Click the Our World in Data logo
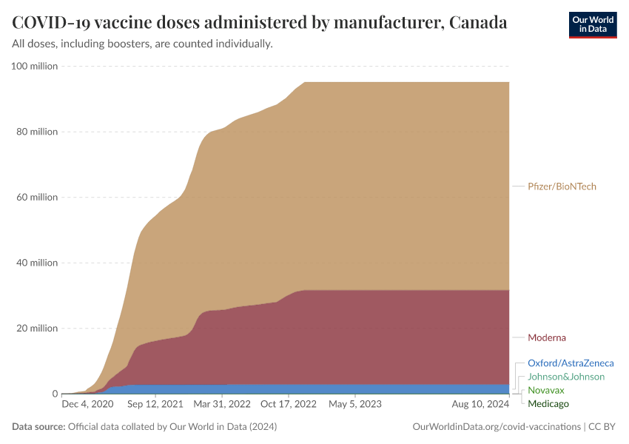pyautogui.click(x=592, y=24)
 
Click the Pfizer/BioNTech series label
pyautogui.click(x=562, y=186)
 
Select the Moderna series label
pyautogui.click(x=546, y=337)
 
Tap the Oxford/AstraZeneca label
pyautogui.click(x=571, y=363)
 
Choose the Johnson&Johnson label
pyautogui.click(x=566, y=377)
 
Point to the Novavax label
pyautogui.click(x=545, y=390)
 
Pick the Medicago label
pyautogui.click(x=548, y=403)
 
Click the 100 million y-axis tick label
pyautogui.click(x=35, y=67)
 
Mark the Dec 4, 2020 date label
pyautogui.click(x=88, y=405)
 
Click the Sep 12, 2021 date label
pyautogui.click(x=155, y=405)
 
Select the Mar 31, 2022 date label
pyautogui.click(x=222, y=405)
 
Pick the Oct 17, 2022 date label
pyautogui.click(x=289, y=405)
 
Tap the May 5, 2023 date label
pyautogui.click(x=355, y=405)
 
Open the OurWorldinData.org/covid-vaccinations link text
pyautogui.click(x=496, y=427)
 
